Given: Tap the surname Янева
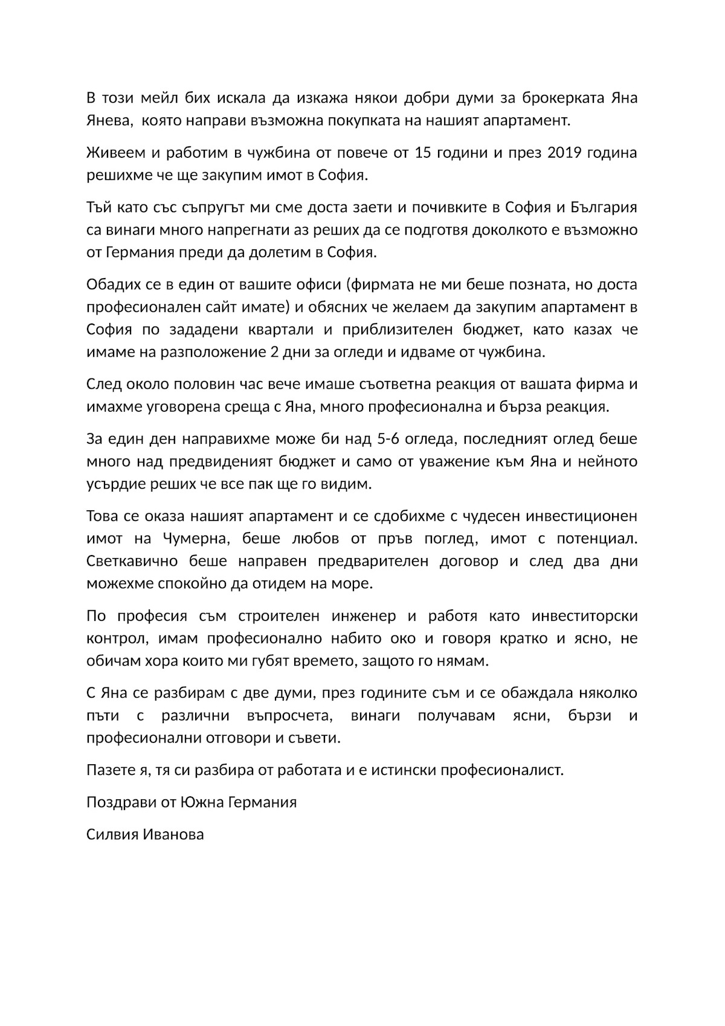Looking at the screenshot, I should (x=109, y=120).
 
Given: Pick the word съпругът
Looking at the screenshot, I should (x=207, y=208).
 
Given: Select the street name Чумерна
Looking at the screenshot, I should (x=193, y=539).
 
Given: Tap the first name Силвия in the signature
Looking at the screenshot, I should (x=112, y=835).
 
